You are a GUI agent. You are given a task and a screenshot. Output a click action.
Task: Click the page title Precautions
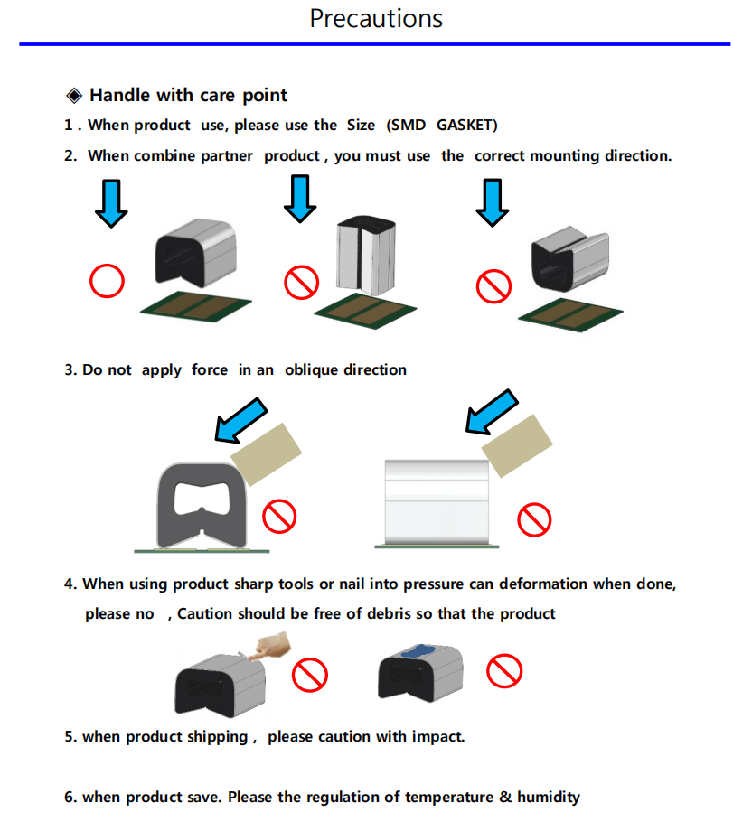376,18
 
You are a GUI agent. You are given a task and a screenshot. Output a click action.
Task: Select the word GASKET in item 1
467,125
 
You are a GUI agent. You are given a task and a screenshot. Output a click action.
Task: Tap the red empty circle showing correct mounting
106,283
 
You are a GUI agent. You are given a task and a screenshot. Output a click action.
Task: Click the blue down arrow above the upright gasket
299,200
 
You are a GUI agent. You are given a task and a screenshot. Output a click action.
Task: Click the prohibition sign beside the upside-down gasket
493,286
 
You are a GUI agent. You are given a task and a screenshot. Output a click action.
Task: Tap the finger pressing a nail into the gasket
274,649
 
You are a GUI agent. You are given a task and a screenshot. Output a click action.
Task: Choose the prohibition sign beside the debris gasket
504,670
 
